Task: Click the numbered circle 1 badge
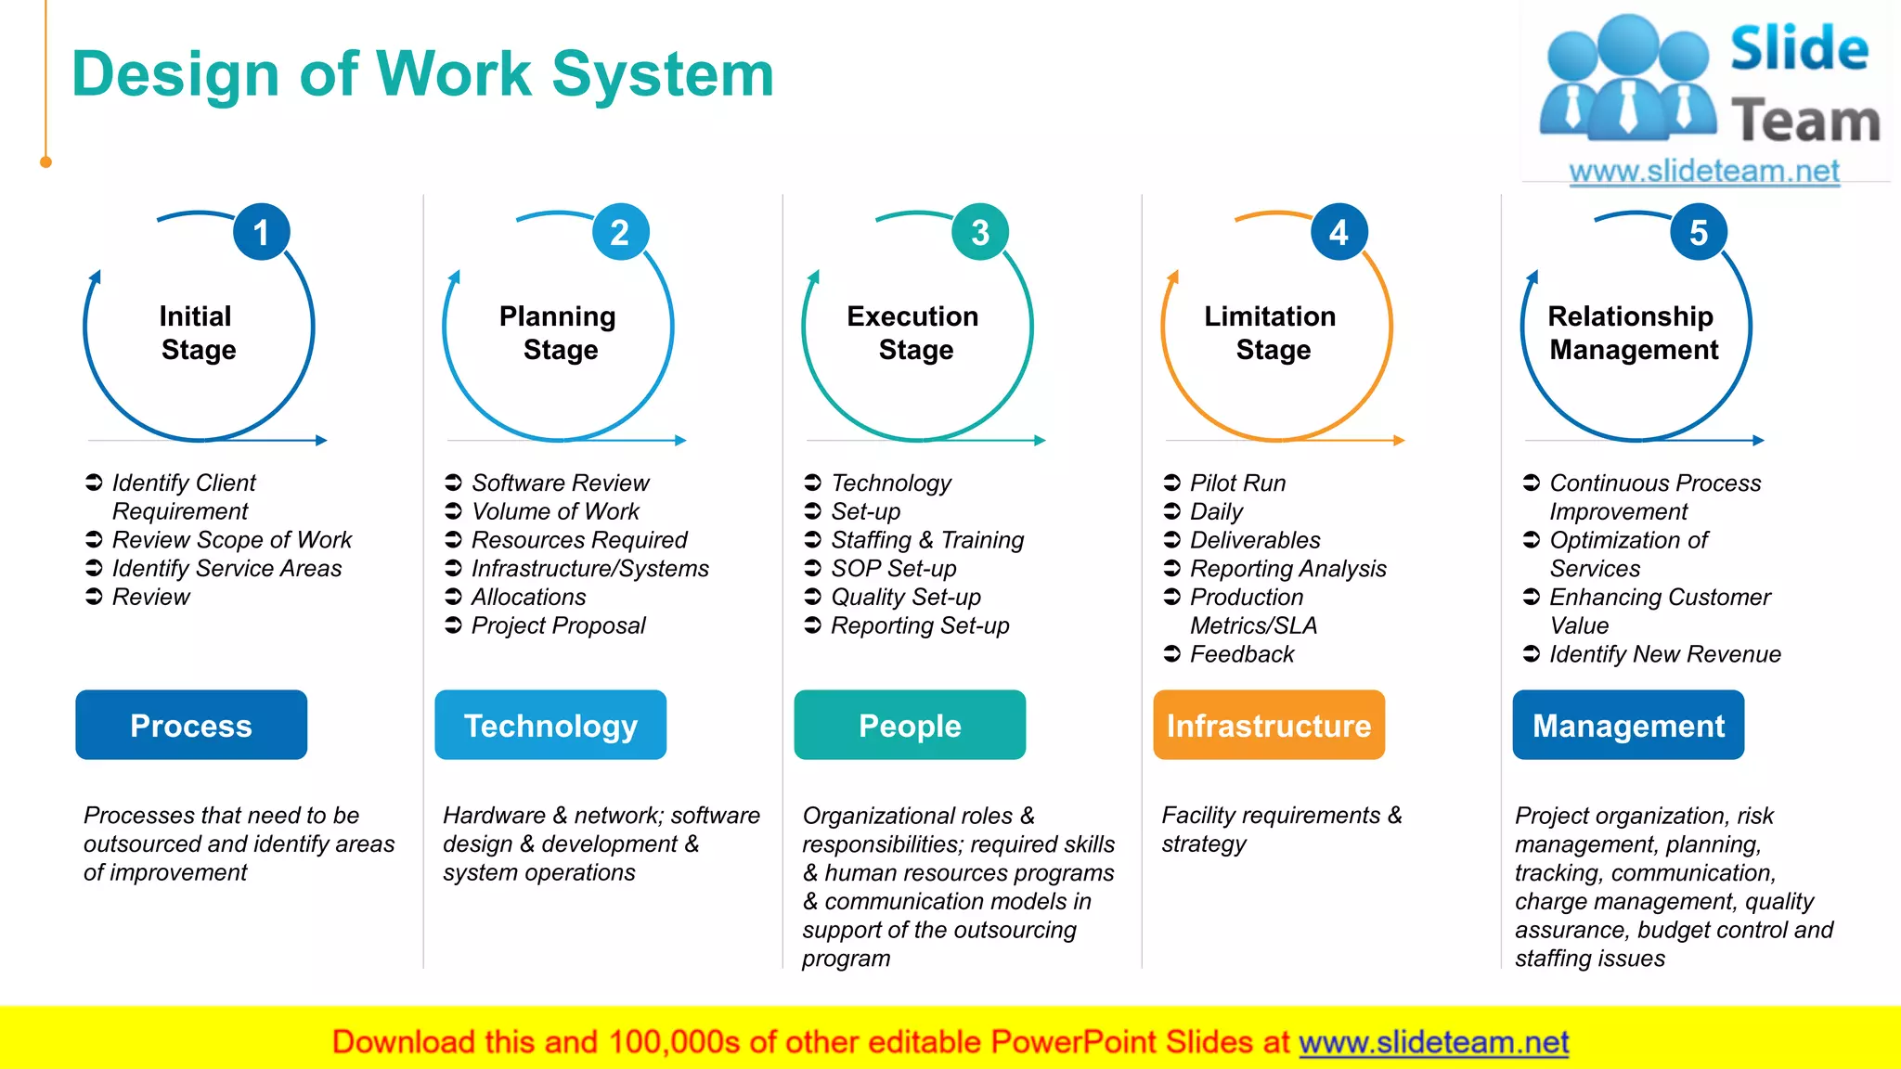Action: point(261,232)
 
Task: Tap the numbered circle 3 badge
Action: point(979,232)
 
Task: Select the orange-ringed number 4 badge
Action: point(1338,232)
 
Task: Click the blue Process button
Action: point(191,725)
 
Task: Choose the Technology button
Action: point(550,725)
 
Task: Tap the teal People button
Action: point(910,725)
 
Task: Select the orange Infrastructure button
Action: point(1269,725)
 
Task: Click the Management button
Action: point(1628,725)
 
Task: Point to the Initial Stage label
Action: point(197,332)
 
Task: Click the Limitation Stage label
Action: point(1271,332)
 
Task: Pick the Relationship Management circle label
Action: point(1633,332)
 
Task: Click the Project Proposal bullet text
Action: point(558,625)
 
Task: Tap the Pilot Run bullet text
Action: point(1237,483)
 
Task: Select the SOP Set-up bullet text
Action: point(893,568)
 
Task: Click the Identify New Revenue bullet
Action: point(1664,654)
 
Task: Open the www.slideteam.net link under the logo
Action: point(1704,171)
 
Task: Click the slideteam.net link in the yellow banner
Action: point(1433,1042)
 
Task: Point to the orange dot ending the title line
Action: point(45,162)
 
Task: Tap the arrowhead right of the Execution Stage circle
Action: point(1041,441)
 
